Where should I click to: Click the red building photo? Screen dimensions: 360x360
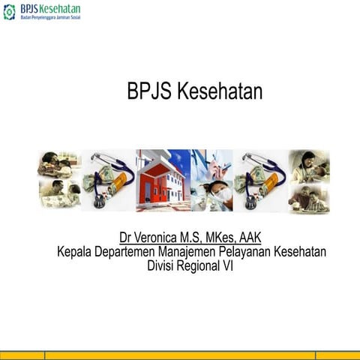[x=162, y=181]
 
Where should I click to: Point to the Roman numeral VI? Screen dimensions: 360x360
[x=227, y=265]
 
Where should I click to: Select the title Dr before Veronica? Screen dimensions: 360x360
[x=126, y=238]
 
